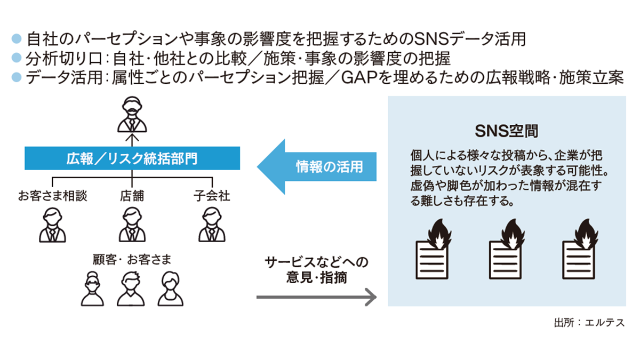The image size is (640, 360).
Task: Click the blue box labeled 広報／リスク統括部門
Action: [x=132, y=159]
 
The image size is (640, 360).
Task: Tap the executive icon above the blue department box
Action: [x=132, y=114]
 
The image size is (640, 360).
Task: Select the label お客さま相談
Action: [x=52, y=196]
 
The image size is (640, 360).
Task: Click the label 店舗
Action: [x=131, y=196]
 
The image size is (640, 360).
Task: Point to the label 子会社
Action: [x=212, y=196]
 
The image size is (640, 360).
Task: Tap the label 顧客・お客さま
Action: [x=131, y=260]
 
